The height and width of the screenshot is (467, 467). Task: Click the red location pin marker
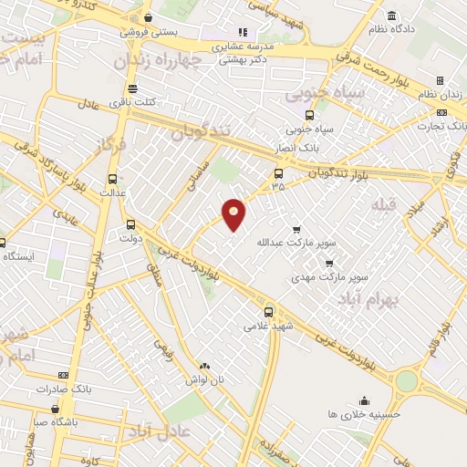tap(234, 214)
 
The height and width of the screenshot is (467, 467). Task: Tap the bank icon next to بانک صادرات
tap(63, 375)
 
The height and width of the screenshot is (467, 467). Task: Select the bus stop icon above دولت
tap(130, 223)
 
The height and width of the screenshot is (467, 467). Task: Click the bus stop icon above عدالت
tap(113, 179)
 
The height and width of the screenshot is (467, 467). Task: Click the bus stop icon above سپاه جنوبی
tap(309, 115)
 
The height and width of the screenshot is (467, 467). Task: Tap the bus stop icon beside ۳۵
tap(278, 173)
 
